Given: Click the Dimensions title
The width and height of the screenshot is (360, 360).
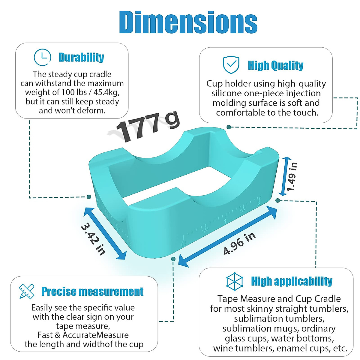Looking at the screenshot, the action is (188, 22).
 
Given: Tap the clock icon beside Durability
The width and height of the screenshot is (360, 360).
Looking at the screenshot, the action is (42, 57).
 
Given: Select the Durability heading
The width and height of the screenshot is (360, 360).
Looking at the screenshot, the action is (81, 57).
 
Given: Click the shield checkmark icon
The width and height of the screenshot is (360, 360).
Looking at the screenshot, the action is (231, 64).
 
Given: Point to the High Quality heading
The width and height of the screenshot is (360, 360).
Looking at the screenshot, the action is (275, 65).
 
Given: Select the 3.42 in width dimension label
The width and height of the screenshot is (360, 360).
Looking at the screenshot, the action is (93, 239).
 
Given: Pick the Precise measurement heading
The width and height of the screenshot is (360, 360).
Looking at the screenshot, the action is (92, 292).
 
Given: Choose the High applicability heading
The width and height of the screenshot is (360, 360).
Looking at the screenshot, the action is (292, 281).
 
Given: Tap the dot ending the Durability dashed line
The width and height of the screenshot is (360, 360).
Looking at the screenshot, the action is (89, 197).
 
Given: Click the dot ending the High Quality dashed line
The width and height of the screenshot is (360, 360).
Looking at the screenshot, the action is (229, 127).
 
